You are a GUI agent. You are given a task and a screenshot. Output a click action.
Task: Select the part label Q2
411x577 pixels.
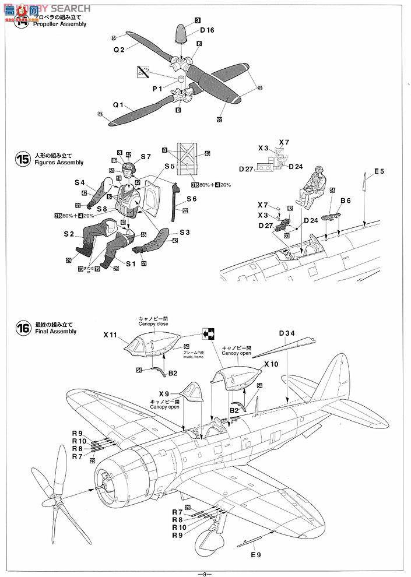(x=119, y=50)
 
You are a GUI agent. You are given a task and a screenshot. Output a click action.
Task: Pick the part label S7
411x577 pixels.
(x=145, y=156)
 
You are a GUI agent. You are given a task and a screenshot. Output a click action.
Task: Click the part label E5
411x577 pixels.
(x=379, y=171)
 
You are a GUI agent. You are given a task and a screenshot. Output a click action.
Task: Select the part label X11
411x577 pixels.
(x=111, y=336)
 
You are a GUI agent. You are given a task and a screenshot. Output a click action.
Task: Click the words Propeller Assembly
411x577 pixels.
(x=60, y=24)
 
